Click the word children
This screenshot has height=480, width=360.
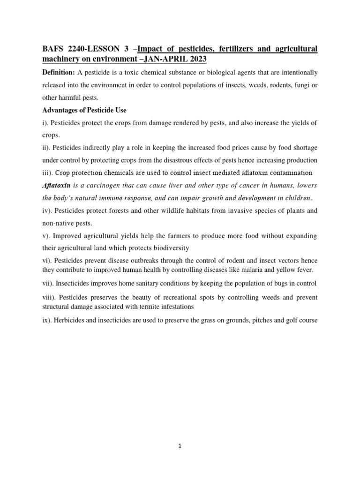coord(293,198)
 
